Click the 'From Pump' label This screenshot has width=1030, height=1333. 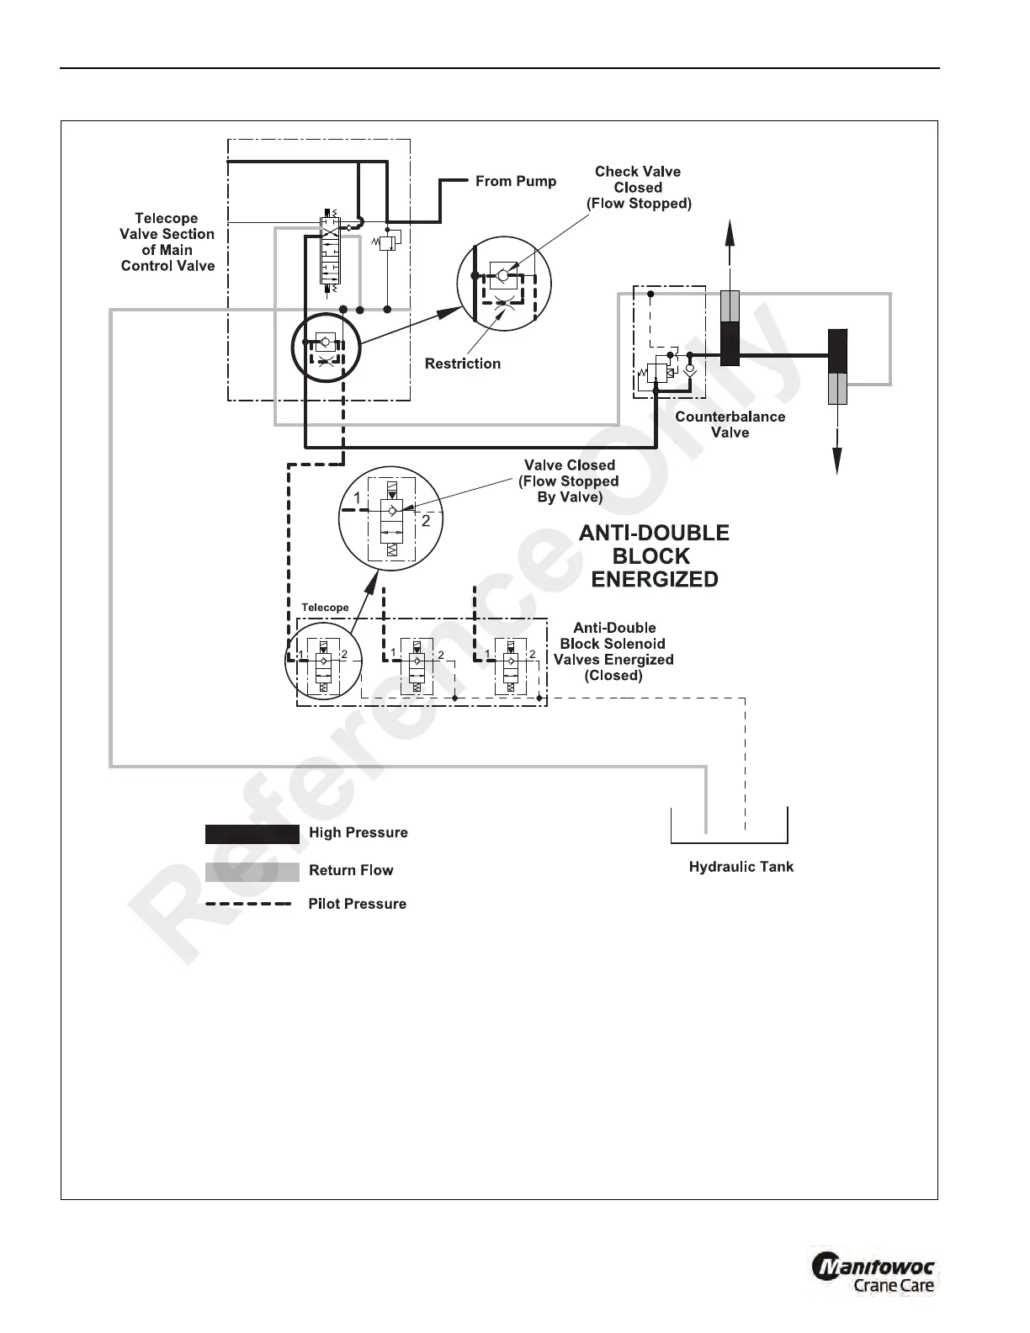[515, 181]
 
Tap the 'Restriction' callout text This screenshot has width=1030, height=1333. [462, 364]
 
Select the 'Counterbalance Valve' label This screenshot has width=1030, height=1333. [730, 424]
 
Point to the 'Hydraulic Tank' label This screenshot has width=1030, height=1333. [741, 867]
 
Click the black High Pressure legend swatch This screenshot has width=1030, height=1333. [252, 834]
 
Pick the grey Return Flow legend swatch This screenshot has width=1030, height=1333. [252, 872]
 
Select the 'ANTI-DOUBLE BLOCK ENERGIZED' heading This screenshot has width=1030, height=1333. [654, 555]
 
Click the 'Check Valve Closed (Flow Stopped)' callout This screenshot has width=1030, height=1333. [638, 187]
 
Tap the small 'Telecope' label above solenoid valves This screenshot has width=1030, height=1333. [325, 608]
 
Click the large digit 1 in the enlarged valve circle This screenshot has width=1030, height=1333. [357, 498]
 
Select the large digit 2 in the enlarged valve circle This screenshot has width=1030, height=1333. [426, 521]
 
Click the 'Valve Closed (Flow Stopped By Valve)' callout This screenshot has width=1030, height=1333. [569, 481]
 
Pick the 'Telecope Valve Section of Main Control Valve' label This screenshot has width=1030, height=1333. [167, 242]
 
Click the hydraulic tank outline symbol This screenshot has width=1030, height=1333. [729, 826]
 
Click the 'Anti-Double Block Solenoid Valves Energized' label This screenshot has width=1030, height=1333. [613, 651]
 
